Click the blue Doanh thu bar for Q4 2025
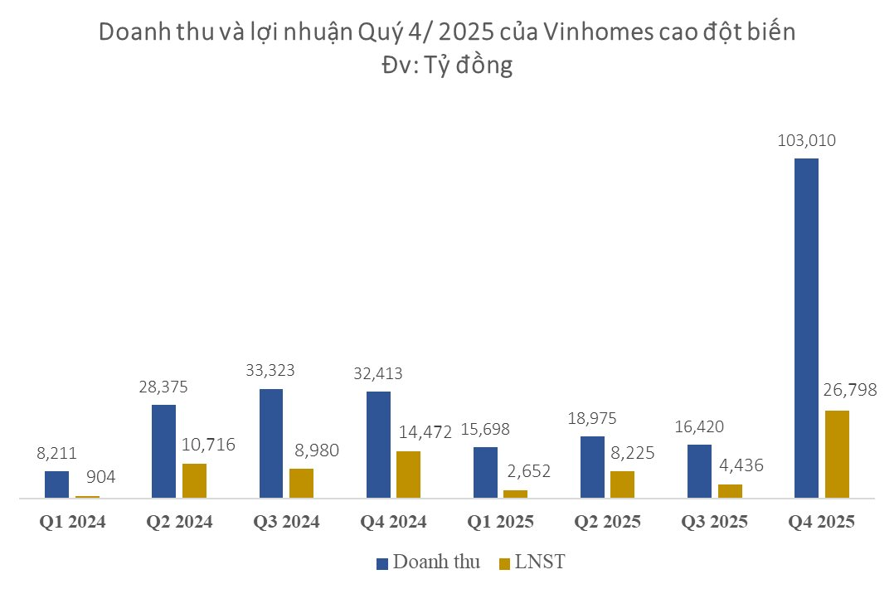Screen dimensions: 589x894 coord(806,328)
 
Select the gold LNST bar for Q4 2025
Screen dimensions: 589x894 coord(838,454)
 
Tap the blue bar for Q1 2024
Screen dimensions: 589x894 coord(56,484)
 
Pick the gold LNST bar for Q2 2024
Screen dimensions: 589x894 coord(194,480)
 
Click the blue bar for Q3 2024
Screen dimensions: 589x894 coord(271,443)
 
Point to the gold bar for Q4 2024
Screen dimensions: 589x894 coord(408,475)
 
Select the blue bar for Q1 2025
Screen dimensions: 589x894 coord(485,472)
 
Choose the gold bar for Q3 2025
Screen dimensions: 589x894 coord(730,490)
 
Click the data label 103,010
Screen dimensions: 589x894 coord(806,140)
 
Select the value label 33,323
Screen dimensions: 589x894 coord(271,371)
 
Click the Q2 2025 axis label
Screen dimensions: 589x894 coord(607,523)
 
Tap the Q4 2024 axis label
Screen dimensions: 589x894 coord(393,523)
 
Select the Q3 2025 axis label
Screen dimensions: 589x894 coord(714,523)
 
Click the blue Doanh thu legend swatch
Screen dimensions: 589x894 coord(382,563)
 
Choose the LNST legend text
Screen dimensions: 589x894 coord(539,562)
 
